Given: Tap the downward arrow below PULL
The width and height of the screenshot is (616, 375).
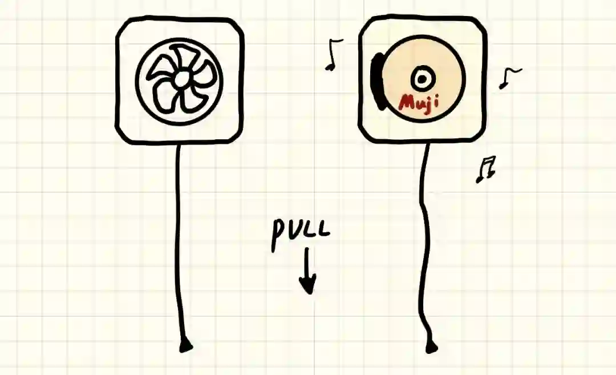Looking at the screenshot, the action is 308,271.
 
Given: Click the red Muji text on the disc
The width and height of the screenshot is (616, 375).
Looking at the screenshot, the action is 420,103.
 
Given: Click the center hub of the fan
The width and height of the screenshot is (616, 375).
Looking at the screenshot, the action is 180,80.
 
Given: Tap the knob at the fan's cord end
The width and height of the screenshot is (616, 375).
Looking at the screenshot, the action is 185,345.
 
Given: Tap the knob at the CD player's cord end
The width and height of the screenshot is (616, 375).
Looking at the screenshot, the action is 432,346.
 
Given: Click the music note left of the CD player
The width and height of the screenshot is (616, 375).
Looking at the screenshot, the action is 334,55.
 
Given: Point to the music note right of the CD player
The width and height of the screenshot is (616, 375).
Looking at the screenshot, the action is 509,77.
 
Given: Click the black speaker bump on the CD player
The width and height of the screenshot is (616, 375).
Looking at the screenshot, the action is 376,80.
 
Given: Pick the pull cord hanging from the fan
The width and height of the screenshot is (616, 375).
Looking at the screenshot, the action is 179,240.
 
